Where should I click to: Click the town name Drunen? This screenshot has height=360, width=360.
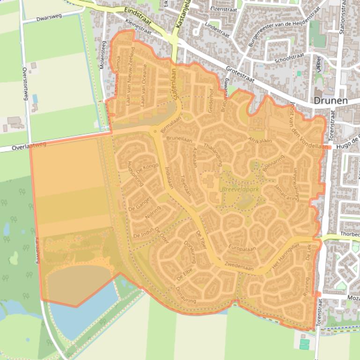pyautogui.click(x=331, y=101)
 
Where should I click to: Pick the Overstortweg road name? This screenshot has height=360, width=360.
pyautogui.click(x=25, y=85)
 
